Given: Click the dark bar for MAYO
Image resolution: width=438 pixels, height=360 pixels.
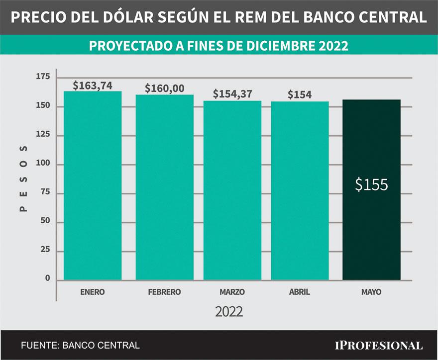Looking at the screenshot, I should click(371, 189).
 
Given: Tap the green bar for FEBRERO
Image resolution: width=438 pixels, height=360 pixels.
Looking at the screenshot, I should click(165, 186).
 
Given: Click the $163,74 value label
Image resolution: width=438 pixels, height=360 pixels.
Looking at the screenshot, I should click(93, 85).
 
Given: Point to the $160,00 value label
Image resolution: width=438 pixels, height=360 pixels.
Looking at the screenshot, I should click(165, 89).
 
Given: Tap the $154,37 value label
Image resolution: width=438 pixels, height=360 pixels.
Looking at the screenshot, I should click(232, 94).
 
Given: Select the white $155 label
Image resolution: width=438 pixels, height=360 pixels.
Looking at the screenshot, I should click(371, 184).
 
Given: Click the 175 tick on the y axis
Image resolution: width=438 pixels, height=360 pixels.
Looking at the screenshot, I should click(43, 77).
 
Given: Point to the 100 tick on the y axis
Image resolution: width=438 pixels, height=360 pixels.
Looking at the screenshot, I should click(43, 164).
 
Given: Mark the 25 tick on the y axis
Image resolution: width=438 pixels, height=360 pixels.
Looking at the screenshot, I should click(45, 250).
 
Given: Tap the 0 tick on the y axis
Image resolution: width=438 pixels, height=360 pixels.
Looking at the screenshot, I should click(48, 278).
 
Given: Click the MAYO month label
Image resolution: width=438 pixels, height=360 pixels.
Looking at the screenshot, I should click(371, 292).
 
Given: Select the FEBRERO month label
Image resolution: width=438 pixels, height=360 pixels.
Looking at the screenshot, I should click(165, 292).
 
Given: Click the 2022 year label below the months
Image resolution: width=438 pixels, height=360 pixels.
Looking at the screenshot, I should click(229, 312).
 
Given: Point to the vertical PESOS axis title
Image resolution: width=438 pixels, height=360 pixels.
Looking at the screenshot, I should click(23, 179).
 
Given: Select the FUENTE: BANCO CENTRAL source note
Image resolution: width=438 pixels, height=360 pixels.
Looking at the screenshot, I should click(80, 345).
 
